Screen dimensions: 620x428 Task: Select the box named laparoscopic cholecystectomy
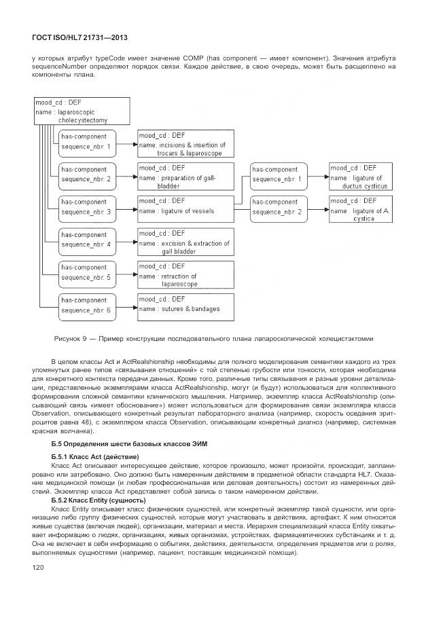click(x=81, y=111)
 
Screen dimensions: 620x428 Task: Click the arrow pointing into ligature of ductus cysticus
click(x=317, y=176)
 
